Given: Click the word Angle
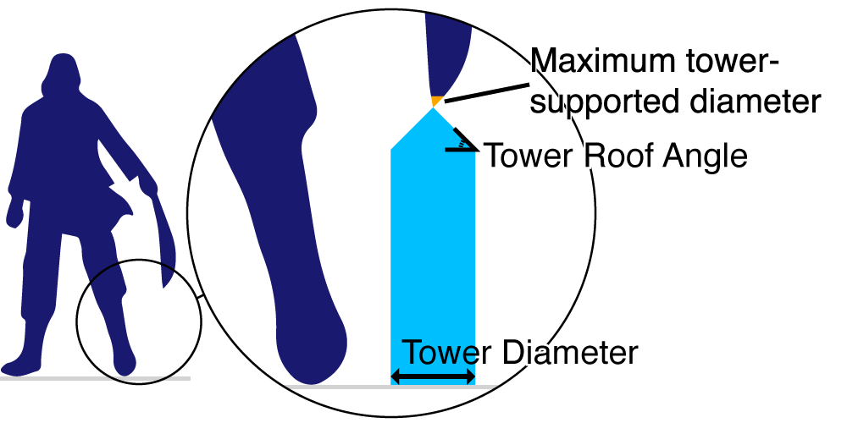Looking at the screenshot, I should pos(708,156).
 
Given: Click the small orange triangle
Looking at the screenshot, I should pos(435,102).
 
